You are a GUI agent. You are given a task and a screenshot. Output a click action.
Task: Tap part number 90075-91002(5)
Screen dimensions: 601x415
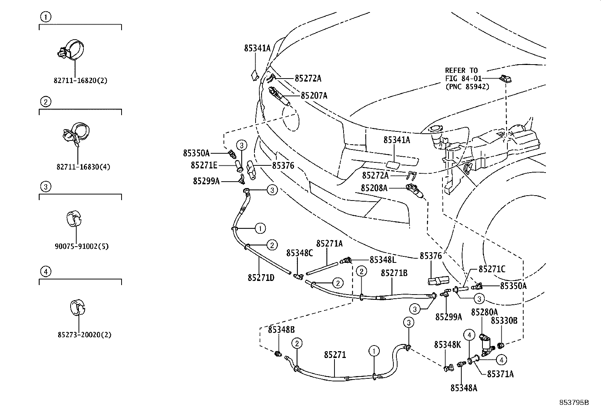[x=81, y=247]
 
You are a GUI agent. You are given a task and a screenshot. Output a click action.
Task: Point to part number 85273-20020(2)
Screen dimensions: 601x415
[x=85, y=335]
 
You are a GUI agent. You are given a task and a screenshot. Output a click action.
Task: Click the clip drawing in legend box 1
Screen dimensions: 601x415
[x=71, y=50]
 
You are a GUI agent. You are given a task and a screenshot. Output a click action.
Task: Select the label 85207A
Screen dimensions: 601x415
[x=314, y=96]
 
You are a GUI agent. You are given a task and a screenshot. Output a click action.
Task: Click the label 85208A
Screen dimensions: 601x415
[x=374, y=188]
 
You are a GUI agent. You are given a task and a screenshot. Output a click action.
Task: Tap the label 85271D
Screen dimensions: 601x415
[x=261, y=278]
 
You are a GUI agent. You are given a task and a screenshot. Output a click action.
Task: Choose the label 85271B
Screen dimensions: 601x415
[x=394, y=273]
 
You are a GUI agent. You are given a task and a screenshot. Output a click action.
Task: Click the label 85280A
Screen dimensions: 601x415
[x=484, y=312]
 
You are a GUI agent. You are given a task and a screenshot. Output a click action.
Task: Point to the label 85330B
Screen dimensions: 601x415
[x=504, y=321]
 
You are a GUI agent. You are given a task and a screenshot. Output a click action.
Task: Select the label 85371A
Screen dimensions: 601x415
[x=500, y=374]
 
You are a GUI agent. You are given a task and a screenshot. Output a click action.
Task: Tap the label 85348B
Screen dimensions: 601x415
[x=281, y=329]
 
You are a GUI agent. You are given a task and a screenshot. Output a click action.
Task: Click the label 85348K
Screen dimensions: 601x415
[x=447, y=344]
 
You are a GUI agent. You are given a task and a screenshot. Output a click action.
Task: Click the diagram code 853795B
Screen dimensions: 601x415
[x=574, y=403]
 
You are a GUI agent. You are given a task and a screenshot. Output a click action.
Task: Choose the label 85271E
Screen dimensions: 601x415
[x=204, y=165]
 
